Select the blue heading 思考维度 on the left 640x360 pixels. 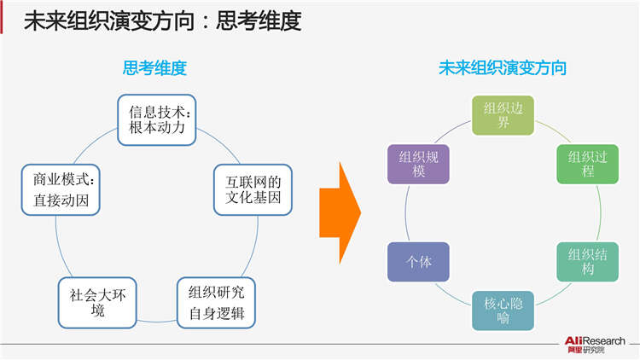tap(154, 68)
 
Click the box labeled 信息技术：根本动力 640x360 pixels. tap(164, 119)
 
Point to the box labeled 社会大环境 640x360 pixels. tap(97, 303)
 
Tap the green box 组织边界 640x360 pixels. tap(503, 115)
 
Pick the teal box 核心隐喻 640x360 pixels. tap(503, 310)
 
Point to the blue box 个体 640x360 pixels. tap(419, 262)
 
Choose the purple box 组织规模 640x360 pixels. tap(419, 163)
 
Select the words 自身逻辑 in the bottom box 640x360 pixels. tap(216, 313)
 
